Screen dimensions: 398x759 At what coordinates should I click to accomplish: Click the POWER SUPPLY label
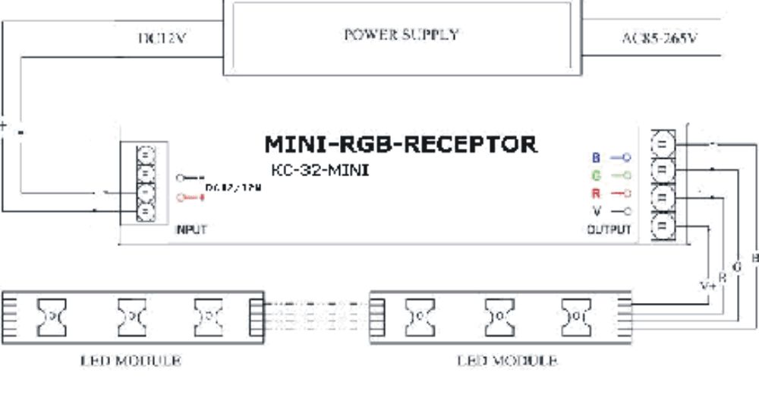coord(401,34)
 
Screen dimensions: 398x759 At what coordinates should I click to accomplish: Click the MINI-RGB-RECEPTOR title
coord(400,144)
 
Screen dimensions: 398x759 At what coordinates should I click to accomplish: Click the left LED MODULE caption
coord(131,361)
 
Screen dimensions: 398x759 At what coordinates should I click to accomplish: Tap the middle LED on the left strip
coord(131,311)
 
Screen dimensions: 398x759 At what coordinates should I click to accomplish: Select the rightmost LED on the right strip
coord(576,311)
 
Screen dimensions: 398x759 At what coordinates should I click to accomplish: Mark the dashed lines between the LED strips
coord(317,312)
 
